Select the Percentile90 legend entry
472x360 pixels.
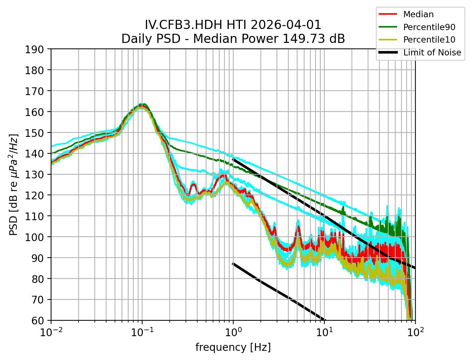429,27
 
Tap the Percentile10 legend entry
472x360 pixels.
429,40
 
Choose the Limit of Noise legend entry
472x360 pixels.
432,52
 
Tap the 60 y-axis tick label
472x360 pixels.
38,321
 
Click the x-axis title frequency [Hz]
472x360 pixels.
233,347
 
